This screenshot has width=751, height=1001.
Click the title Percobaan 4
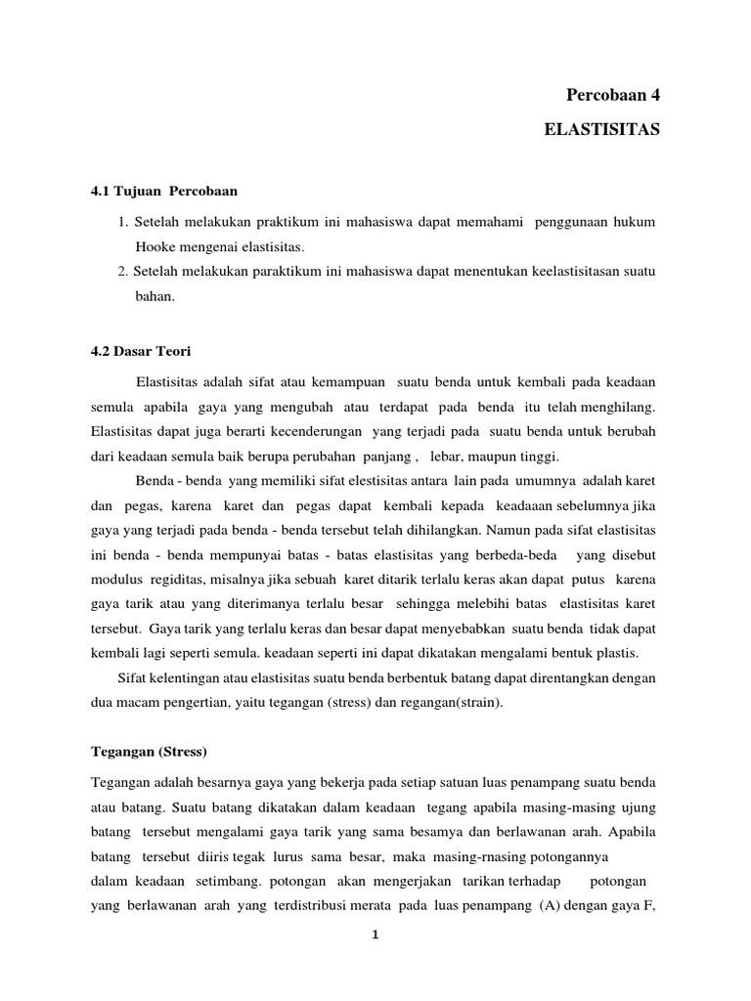tap(613, 95)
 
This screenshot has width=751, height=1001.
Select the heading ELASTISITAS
tap(602, 129)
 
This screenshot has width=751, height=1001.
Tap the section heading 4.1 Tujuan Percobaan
tap(164, 189)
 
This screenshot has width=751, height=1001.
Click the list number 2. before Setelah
tap(121, 271)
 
